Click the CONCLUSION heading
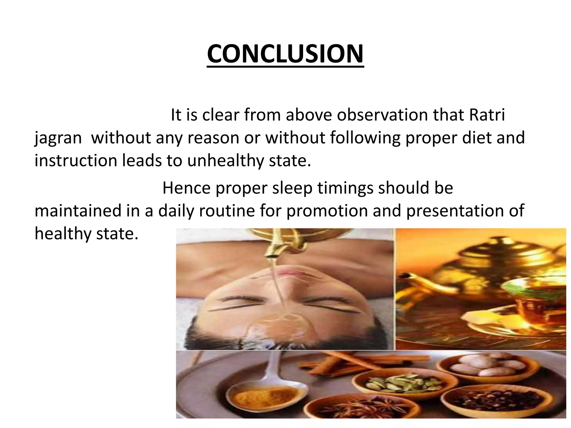pyautogui.click(x=285, y=54)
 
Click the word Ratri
pyautogui.click(x=487, y=115)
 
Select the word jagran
pyautogui.click(x=58, y=138)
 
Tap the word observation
pyautogui.click(x=382, y=115)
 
